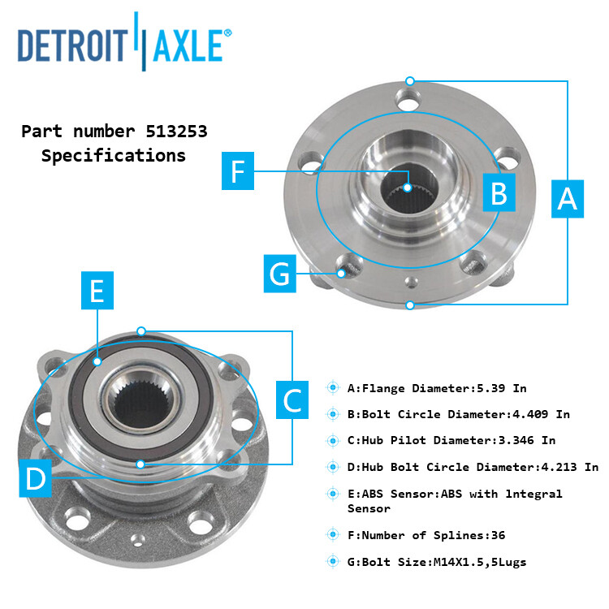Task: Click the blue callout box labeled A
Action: coord(568,197)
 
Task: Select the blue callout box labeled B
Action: coord(499,192)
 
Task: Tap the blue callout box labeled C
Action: coord(292,398)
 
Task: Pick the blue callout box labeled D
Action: coord(36,478)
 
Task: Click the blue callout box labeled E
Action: coord(97,290)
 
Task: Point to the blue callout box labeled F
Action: coord(238,171)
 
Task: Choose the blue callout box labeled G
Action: coord(279,273)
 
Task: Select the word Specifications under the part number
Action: coord(113,155)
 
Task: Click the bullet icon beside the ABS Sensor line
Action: coord(333,494)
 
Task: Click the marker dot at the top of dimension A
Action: coord(410,81)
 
